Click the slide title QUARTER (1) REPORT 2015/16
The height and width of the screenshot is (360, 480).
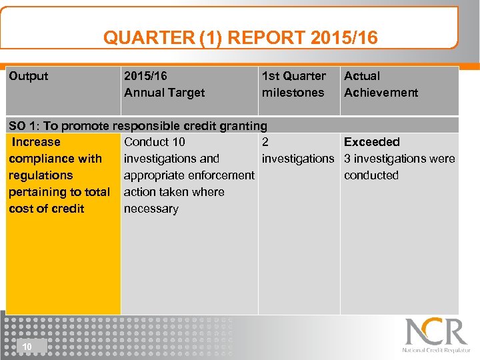pyautogui.click(x=240, y=37)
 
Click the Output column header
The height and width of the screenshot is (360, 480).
pyautogui.click(x=29, y=76)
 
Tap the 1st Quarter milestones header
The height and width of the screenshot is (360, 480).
pyautogui.click(x=293, y=84)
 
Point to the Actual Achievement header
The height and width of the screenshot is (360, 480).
pyautogui.click(x=381, y=84)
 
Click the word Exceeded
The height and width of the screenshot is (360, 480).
pyautogui.click(x=371, y=142)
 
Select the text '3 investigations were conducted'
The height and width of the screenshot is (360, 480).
pyautogui.click(x=399, y=167)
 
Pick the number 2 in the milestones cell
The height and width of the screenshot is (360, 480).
pyautogui.click(x=265, y=142)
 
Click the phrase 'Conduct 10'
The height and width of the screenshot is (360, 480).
pyautogui.click(x=155, y=142)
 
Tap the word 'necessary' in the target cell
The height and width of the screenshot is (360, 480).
pyautogui.click(x=151, y=209)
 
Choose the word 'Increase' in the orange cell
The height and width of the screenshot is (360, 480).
pyautogui.click(x=36, y=142)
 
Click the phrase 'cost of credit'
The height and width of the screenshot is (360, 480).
pyautogui.click(x=46, y=209)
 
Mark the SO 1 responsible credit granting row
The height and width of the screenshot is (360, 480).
pyautogui.click(x=137, y=125)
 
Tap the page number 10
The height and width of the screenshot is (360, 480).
pyautogui.click(x=27, y=347)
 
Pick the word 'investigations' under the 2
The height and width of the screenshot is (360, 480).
pyautogui.click(x=297, y=159)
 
